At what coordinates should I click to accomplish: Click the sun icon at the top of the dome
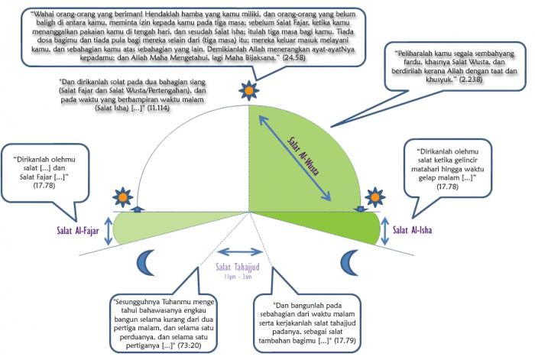(249, 90)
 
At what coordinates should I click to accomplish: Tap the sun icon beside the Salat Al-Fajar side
(123, 197)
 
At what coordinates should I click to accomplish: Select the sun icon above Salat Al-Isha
(375, 197)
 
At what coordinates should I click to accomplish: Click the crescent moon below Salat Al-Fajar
(146, 262)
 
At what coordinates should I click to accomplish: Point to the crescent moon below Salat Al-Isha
(350, 262)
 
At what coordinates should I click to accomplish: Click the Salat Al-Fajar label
(78, 231)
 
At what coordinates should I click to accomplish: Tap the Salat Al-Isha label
(413, 230)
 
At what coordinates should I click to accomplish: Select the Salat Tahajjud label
(238, 267)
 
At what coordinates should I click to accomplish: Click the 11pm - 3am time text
(238, 277)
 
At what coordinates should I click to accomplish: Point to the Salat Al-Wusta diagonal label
(303, 156)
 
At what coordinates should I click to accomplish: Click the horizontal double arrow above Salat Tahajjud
(240, 252)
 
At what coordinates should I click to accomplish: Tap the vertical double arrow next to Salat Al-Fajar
(109, 231)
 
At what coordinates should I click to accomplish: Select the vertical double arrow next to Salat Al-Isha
(385, 231)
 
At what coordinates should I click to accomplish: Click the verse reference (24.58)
(293, 57)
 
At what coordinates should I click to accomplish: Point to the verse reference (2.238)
(471, 79)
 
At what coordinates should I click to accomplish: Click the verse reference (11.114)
(158, 109)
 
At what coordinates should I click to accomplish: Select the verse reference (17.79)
(345, 340)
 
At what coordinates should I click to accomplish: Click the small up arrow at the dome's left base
(137, 209)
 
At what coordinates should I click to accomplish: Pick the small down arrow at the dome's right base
(360, 209)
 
